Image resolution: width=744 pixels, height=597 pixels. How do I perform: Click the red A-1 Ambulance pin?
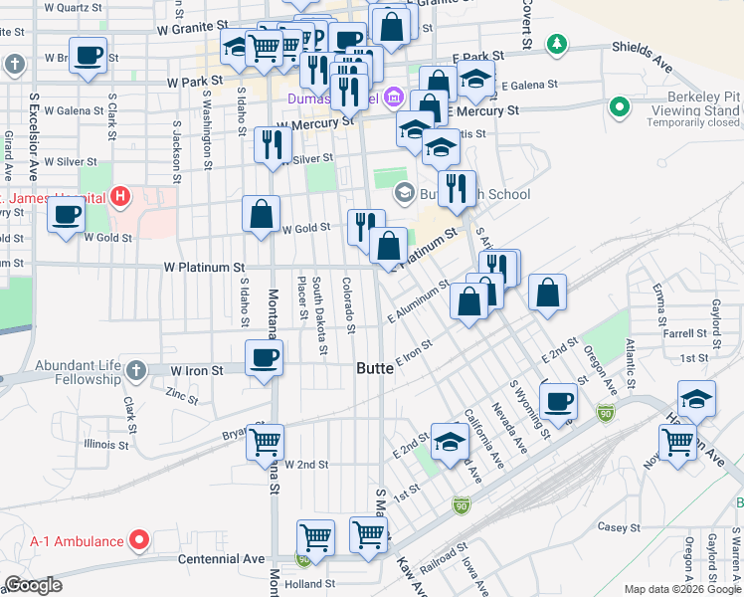point(140,541)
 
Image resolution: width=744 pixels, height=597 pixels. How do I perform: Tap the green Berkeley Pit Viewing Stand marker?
point(620,105)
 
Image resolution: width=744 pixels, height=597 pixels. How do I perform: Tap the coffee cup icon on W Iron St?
point(264,357)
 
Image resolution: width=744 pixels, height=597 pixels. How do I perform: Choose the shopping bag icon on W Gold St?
point(262,214)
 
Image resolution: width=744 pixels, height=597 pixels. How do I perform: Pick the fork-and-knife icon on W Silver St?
point(272,145)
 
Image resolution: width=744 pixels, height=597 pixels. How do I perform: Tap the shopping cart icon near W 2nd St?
point(265,441)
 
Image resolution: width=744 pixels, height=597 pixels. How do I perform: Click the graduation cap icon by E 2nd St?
point(450,441)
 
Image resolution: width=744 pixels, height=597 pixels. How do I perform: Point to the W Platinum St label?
point(204,268)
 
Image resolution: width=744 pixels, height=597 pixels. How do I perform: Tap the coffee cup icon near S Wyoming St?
point(558,401)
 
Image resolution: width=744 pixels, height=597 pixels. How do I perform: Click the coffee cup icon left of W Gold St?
point(67,214)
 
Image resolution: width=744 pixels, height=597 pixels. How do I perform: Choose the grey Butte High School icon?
point(404,193)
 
